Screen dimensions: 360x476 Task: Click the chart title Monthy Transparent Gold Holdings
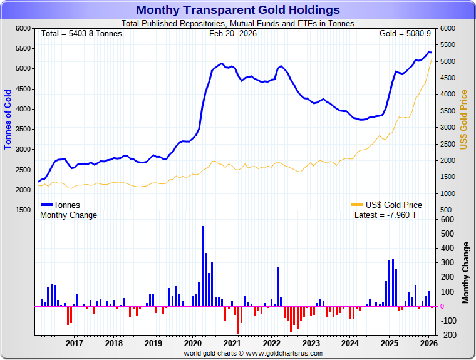click(x=238, y=9)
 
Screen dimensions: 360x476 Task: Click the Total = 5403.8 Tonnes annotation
click(x=81, y=33)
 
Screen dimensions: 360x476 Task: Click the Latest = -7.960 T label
click(x=385, y=215)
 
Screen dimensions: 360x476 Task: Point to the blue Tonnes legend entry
click(x=61, y=205)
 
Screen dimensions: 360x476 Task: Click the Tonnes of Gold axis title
click(x=8, y=119)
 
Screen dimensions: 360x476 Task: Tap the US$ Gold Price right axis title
click(x=464, y=119)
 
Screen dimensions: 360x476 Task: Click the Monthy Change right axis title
click(x=465, y=272)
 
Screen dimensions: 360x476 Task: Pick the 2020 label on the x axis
click(x=193, y=343)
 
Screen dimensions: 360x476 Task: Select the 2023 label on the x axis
click(x=311, y=343)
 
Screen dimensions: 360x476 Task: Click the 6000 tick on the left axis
click(x=23, y=28)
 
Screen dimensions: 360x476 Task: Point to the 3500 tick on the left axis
click(x=23, y=129)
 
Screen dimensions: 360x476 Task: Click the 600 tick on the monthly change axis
click(x=447, y=219)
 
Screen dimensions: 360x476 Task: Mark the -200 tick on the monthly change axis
click(x=445, y=335)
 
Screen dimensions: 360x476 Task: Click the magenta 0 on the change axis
click(x=442, y=306)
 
